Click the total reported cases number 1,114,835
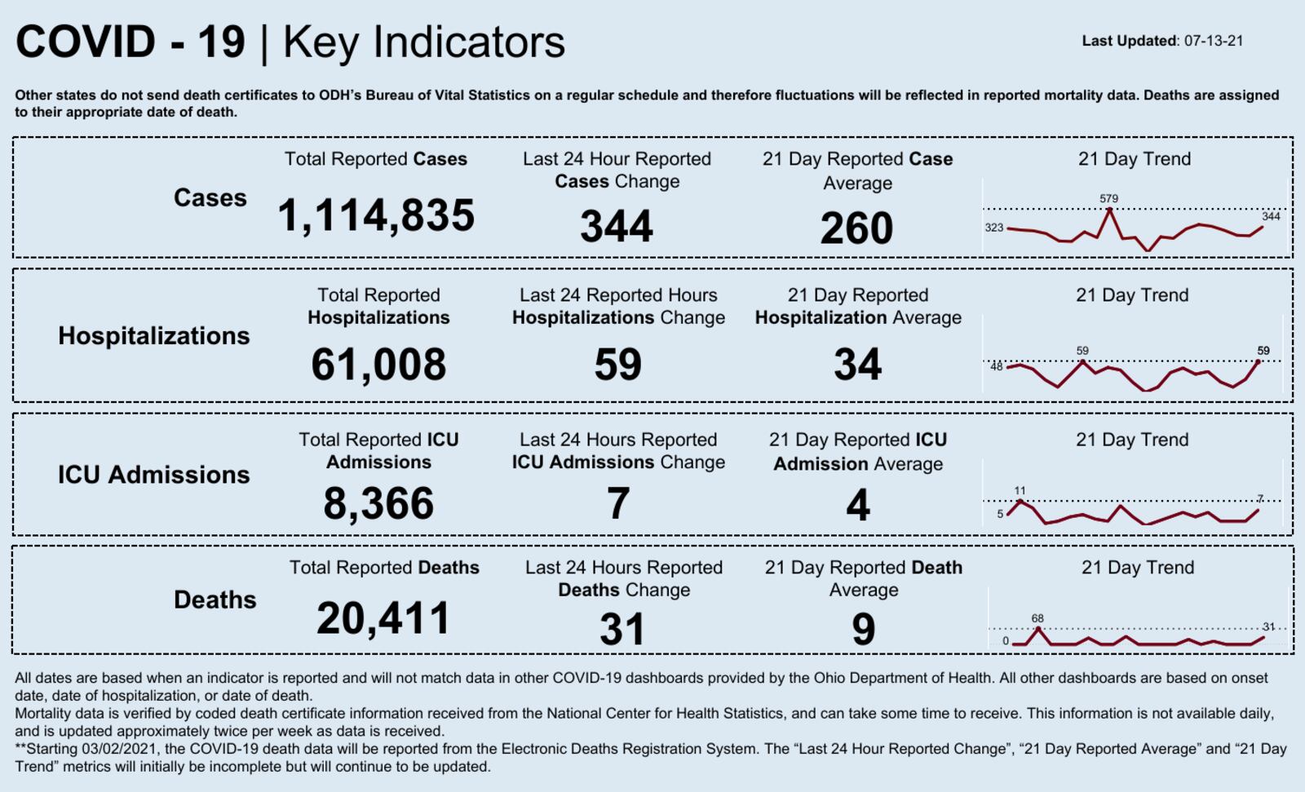pos(376,216)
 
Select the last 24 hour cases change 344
pos(617,227)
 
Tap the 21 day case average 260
pos(856,228)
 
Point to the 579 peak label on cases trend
pos(1108,198)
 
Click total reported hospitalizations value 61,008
pos(378,365)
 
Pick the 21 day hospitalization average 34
pos(857,365)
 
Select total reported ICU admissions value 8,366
pos(378,503)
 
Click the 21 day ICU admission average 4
pos(857,505)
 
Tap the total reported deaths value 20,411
pos(383,618)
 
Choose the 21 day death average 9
pos(863,630)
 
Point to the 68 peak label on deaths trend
pos(1037,618)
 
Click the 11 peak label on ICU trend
pos(1020,490)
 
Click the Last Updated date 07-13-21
pos(1214,41)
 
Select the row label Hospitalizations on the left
pos(154,336)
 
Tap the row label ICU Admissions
pos(153,475)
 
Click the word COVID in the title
pos(86,42)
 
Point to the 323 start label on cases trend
pos(993,228)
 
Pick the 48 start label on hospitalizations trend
pos(996,366)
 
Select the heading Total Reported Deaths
pos(384,568)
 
